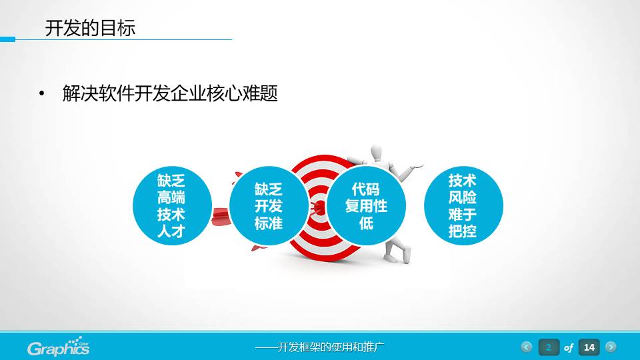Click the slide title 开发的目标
[x=90, y=28]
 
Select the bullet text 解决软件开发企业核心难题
[x=169, y=94]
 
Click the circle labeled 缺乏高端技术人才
[x=171, y=207]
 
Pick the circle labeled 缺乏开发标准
[x=269, y=207]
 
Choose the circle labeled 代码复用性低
[x=366, y=207]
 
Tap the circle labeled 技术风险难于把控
[x=463, y=207]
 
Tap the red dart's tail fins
[x=220, y=216]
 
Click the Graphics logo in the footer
[x=59, y=347]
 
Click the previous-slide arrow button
[x=527, y=347]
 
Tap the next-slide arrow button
[x=611, y=347]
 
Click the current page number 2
[x=549, y=347]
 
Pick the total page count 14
[x=589, y=347]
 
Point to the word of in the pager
[x=569, y=348]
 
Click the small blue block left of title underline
[x=7, y=39]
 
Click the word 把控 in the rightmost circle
[x=463, y=232]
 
